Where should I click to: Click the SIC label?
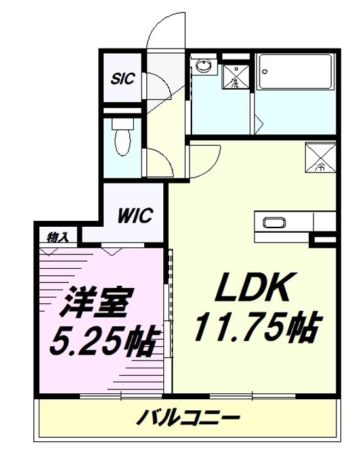coord(122,79)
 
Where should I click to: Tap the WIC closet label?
coord(135,214)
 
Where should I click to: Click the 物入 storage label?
coord(58,236)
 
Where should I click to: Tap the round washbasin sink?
coord(204,66)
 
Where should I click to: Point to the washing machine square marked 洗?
coord(234,76)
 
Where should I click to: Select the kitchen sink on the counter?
coord(273,223)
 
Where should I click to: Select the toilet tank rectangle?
coord(122,122)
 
